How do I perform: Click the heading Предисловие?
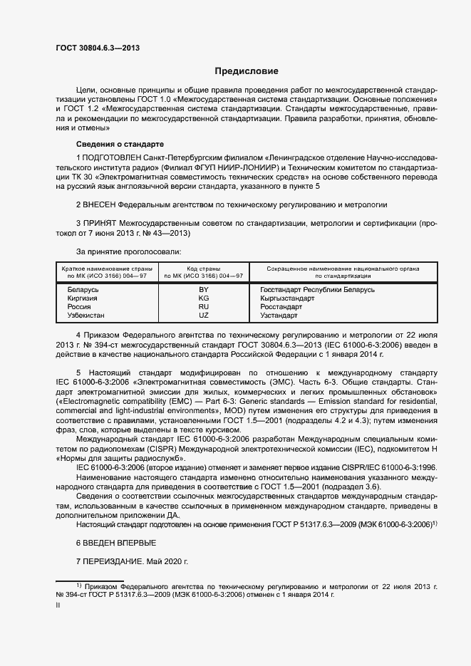coord(247,71)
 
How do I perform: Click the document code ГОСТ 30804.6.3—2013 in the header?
coord(97,47)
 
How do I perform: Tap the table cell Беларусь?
coord(83,290)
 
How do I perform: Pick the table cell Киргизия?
coord(83,298)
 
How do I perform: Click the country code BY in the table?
coord(203,290)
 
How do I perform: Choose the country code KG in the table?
coord(203,298)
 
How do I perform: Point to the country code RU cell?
coord(203,306)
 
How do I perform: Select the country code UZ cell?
coord(203,315)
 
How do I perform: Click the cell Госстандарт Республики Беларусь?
coord(317,290)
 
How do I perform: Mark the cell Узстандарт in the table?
coord(281,315)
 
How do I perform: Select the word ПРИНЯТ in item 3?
coord(100,224)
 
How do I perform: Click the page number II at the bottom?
coord(58,605)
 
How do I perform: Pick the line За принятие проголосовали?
coord(128,251)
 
